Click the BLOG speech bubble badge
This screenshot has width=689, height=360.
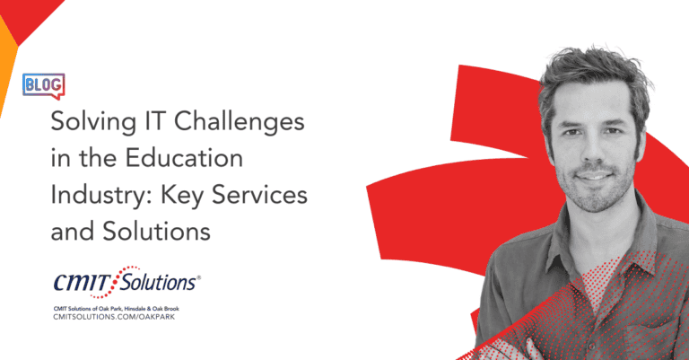(43, 85)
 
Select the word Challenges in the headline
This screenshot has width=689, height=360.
(240, 122)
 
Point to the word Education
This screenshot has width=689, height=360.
(184, 158)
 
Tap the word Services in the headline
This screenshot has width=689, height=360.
(259, 195)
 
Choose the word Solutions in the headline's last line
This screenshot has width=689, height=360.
(157, 232)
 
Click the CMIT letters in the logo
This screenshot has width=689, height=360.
(83, 282)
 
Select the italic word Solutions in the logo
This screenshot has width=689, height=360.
(159, 282)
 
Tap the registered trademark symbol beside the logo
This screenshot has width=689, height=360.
(198, 277)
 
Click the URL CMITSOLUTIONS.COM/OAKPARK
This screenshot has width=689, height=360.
(114, 317)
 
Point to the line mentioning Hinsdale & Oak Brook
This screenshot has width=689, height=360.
(116, 309)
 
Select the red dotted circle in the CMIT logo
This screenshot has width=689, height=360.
(116, 282)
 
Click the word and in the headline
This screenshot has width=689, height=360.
(72, 232)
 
